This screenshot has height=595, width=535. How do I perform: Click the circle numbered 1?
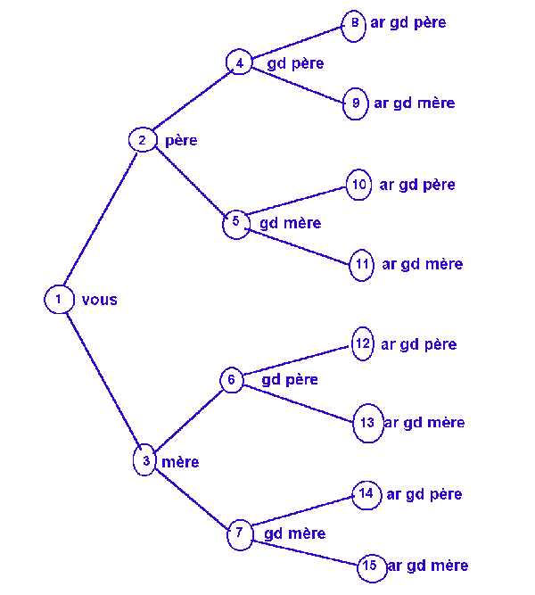pyautogui.click(x=57, y=299)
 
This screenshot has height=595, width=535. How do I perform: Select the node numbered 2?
pyautogui.click(x=142, y=140)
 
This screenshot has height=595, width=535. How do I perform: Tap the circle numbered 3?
pyautogui.click(x=144, y=461)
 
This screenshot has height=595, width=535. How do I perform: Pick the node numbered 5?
pyautogui.click(x=235, y=222)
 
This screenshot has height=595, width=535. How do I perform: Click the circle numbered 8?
pyautogui.click(x=354, y=24)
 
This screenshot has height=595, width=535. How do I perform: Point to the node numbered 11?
pyautogui.click(x=361, y=265)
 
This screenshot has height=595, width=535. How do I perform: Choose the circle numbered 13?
pyautogui.click(x=367, y=423)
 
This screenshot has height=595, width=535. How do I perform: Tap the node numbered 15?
pyautogui.click(x=372, y=566)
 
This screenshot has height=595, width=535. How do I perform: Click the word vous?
pyautogui.click(x=99, y=300)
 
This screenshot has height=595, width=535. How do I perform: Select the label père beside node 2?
pyautogui.click(x=181, y=141)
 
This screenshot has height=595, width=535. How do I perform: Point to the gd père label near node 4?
pyautogui.click(x=295, y=63)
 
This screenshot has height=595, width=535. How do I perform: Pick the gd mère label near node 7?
pyautogui.click(x=295, y=533)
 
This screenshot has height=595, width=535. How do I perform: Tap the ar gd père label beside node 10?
pyautogui.click(x=417, y=185)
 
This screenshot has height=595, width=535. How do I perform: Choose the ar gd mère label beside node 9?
pyautogui.click(x=414, y=103)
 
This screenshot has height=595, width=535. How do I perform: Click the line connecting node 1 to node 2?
pyautogui.click(x=100, y=219)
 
